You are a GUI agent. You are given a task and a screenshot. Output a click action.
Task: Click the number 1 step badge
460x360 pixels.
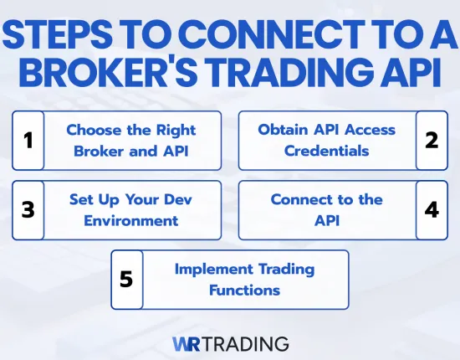point(28,141)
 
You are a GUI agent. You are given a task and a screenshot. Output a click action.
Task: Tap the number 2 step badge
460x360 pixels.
point(432,140)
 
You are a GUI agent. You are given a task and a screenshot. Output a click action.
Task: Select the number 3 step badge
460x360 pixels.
point(28,210)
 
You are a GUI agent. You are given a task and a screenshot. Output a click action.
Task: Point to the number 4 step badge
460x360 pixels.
point(432,209)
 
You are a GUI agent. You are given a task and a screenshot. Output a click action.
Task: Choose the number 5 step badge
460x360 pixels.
point(127,280)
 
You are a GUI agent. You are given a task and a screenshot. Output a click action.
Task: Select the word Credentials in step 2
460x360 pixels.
point(326,152)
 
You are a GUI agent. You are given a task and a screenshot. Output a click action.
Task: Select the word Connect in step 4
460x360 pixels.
point(298,199)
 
